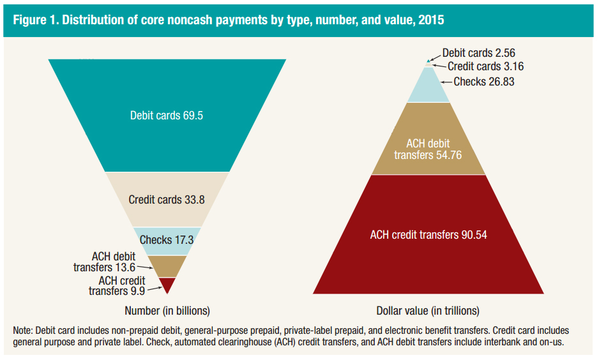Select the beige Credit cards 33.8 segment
pos(167,200)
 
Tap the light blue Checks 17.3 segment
pos(167,241)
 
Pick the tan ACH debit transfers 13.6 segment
pos(167,266)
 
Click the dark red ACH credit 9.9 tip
pos(167,285)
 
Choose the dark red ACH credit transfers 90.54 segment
pos(428,234)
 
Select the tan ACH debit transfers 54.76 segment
pos(428,139)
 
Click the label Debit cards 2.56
pos(479,53)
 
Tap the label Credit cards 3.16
pos(485,66)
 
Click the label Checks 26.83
pos(484,82)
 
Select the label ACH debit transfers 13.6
pos(104,262)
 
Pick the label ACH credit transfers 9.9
pos(117,285)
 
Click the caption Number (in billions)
pos(167,311)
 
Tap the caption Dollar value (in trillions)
pos(428,311)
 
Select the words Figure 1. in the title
pos(35,20)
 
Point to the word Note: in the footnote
pos(23,330)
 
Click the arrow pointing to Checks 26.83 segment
pos(446,82)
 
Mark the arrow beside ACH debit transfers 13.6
pos(145,267)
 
